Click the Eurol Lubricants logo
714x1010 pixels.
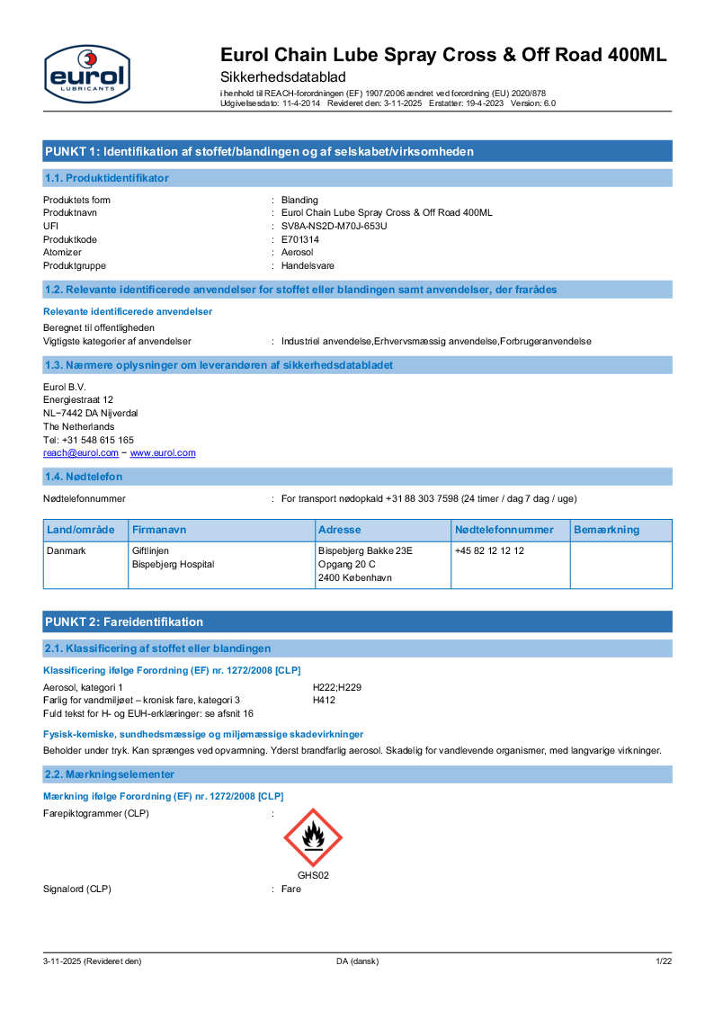(86, 74)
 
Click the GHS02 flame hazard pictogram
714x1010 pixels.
(313, 837)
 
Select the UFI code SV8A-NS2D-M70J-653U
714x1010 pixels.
(334, 226)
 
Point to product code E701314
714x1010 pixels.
(300, 239)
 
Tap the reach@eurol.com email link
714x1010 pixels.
(81, 453)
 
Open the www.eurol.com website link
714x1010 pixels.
(163, 453)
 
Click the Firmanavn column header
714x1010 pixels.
(159, 530)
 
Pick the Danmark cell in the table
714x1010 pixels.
(67, 550)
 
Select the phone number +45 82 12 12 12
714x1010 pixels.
(489, 550)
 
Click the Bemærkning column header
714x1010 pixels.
(606, 530)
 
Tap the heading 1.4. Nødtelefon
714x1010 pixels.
(84, 476)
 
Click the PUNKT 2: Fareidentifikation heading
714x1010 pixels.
(124, 621)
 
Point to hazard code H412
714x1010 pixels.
(324, 700)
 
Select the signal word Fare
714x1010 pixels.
(291, 889)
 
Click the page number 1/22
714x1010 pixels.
(664, 961)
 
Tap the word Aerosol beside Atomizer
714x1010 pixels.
(298, 253)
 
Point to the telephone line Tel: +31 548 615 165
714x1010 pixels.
(89, 440)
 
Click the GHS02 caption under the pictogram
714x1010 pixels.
(313, 875)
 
